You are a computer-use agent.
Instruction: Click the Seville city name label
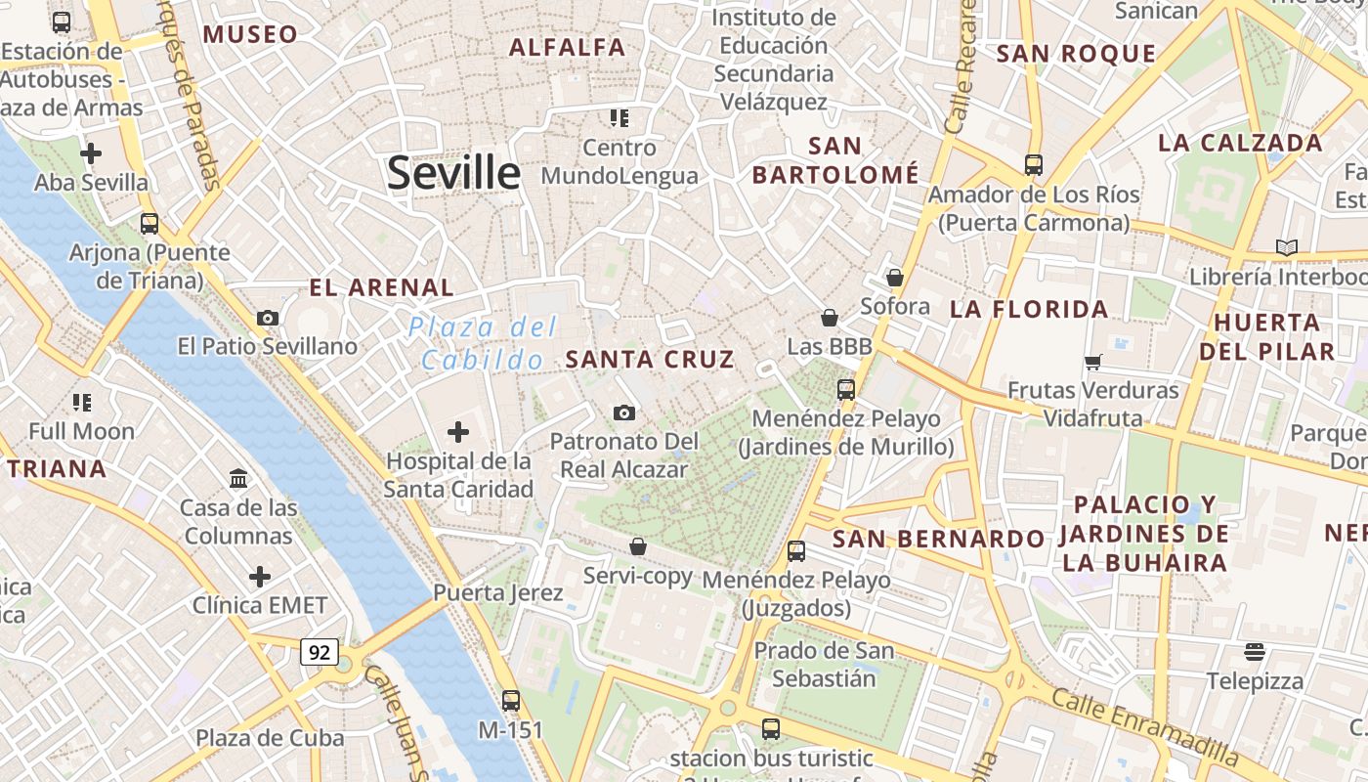[453, 173]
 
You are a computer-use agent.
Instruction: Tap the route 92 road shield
[319, 652]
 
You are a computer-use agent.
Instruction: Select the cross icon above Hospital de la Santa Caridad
[457, 431]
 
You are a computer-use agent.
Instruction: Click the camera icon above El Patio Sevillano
[267, 318]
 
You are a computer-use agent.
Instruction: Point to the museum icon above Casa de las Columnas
[238, 478]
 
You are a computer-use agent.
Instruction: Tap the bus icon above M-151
[510, 700]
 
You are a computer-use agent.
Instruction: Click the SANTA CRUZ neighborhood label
[650, 360]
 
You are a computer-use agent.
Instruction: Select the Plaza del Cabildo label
[483, 343]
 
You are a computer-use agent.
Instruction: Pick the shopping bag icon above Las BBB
[829, 318]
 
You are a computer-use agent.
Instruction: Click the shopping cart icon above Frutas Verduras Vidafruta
[1092, 362]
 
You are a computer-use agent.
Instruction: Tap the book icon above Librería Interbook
[1286, 247]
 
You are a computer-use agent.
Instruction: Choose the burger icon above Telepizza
[1255, 652]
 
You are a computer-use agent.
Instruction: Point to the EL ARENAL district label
[382, 288]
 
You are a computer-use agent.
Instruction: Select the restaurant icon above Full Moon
[82, 402]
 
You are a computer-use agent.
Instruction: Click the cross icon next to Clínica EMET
[259, 576]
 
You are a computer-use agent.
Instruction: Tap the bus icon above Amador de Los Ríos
[1033, 165]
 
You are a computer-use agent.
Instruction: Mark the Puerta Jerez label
[497, 593]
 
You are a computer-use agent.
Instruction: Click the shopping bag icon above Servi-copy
[637, 546]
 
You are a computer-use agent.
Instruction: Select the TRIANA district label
[58, 469]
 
